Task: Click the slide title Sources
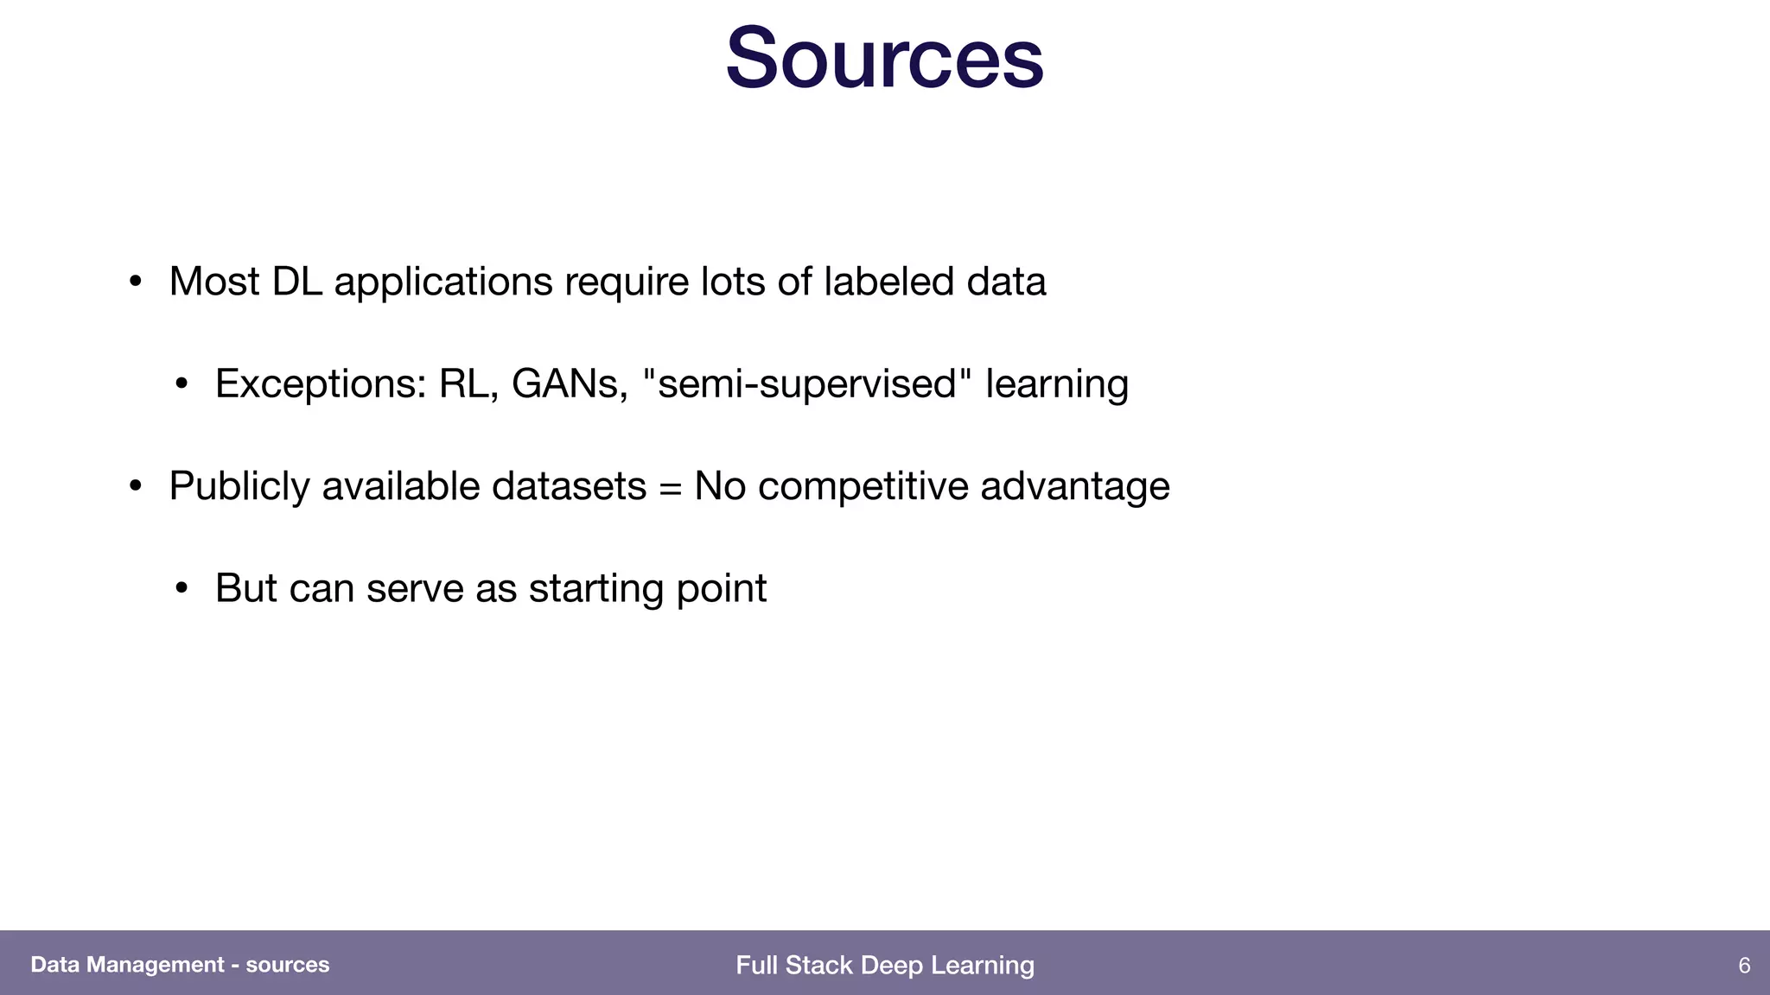pos(884,59)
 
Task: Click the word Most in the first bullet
pos(214,282)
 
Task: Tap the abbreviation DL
pos(296,282)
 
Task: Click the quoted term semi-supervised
pos(807,384)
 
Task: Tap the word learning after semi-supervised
pos(1057,384)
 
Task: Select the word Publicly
pos(239,486)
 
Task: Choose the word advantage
pos(1075,486)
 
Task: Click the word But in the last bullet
pos(245,589)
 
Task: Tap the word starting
pos(596,589)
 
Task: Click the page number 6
pos(1744,965)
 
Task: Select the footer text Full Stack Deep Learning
pos(884,965)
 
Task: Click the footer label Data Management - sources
pos(180,965)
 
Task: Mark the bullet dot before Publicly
pos(135,487)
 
